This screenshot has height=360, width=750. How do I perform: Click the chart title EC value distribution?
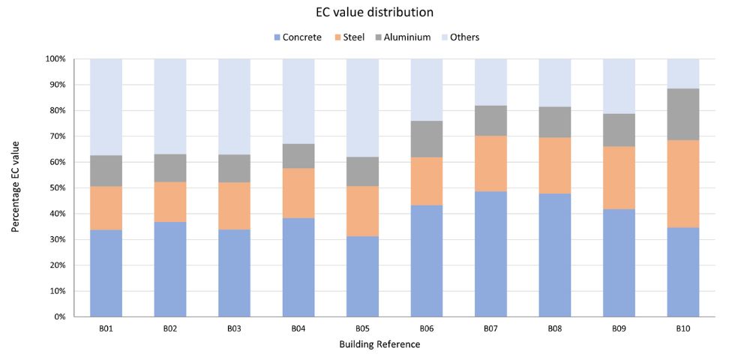pyautogui.click(x=374, y=12)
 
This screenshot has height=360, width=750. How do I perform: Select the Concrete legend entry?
pyautogui.click(x=302, y=37)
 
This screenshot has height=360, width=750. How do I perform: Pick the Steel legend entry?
pyautogui.click(x=353, y=37)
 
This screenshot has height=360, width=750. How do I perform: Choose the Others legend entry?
pyautogui.click(x=465, y=37)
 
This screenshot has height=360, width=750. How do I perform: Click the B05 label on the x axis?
pyautogui.click(x=362, y=328)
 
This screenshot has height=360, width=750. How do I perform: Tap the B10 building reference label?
pyautogui.click(x=683, y=328)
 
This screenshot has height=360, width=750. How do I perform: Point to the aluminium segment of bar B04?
pyautogui.click(x=298, y=156)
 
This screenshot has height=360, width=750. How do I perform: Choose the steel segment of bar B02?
pyautogui.click(x=170, y=202)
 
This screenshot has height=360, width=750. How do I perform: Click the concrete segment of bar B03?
pyautogui.click(x=234, y=273)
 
